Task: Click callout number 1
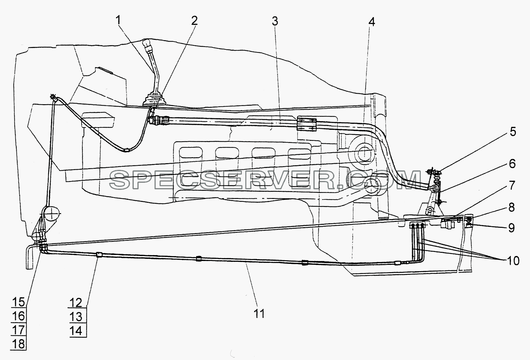118,21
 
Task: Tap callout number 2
194,21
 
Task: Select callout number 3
275,21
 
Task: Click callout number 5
513,132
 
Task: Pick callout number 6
512,164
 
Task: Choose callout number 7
512,186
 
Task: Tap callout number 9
511,228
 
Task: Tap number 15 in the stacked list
18,302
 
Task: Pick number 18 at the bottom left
18,344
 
